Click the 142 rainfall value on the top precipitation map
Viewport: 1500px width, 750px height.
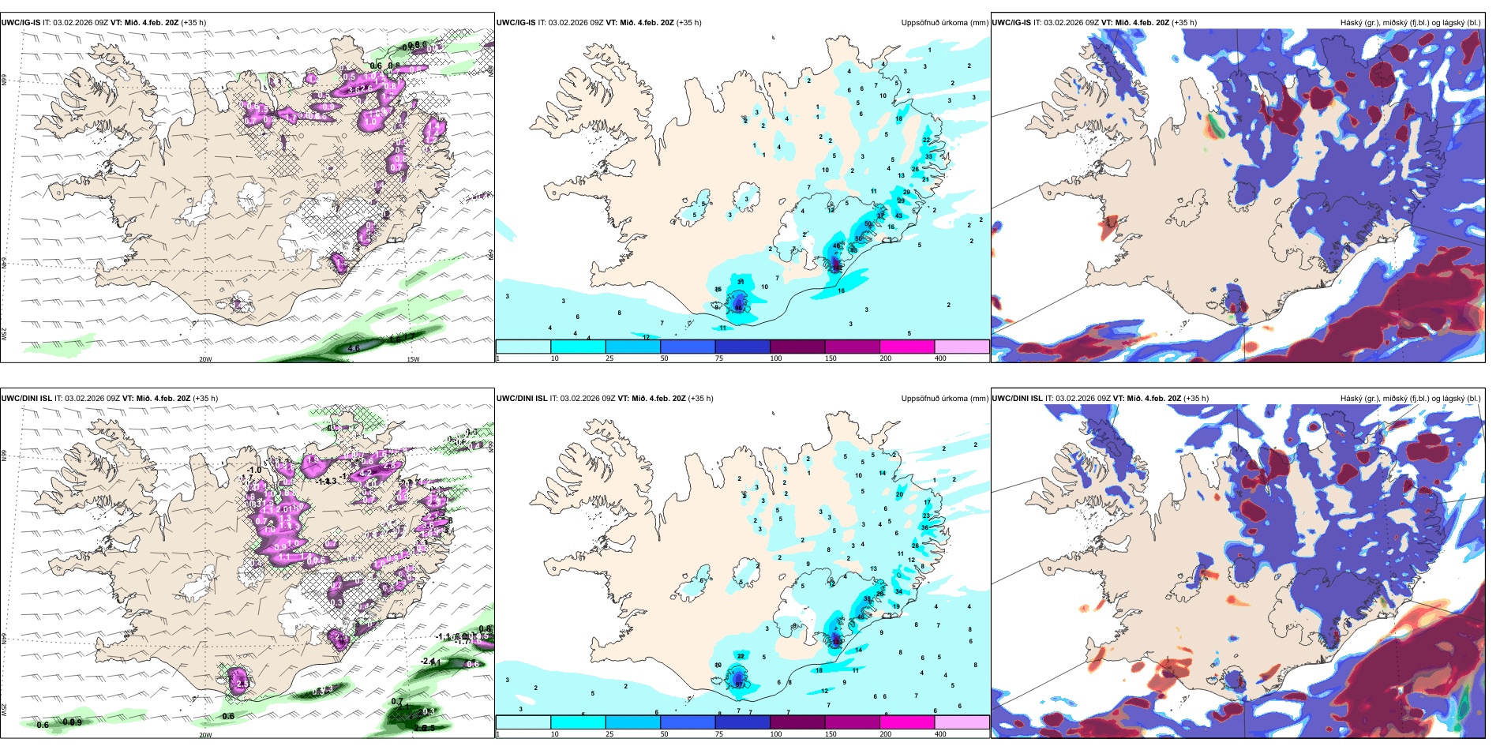pos(837,268)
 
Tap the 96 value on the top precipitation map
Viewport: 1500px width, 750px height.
pos(738,308)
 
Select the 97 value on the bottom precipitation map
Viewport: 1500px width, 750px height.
pos(739,684)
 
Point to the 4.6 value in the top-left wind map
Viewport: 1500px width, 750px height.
pos(354,348)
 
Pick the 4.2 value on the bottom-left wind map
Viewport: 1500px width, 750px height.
pos(366,473)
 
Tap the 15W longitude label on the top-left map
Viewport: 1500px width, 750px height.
pos(412,359)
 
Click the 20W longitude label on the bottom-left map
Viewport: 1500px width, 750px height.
pos(205,735)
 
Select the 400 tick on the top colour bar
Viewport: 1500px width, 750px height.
pos(940,358)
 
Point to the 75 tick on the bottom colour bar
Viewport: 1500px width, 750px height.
pos(719,734)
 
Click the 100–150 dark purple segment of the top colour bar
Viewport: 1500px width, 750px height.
pos(797,347)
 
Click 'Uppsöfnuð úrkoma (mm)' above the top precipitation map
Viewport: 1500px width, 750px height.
pos(944,23)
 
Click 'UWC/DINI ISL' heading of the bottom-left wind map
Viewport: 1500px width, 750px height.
pos(27,399)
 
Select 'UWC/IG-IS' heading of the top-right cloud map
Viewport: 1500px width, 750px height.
pos(1011,23)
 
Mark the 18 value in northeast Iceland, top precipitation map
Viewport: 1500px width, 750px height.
pos(898,119)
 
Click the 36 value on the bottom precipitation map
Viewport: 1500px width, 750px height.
pos(924,527)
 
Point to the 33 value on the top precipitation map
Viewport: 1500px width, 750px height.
pos(928,156)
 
